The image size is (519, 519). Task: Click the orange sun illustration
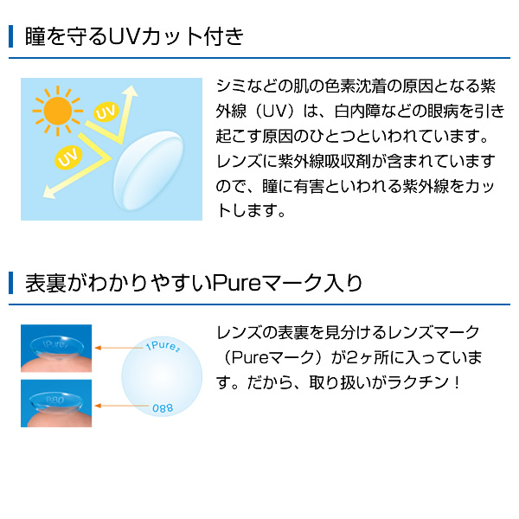click(58, 111)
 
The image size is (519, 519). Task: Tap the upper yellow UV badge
click(106, 112)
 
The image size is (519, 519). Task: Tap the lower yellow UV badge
click(68, 157)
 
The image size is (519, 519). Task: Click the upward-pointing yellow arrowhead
click(131, 92)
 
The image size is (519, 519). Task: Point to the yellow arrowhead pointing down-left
click(49, 192)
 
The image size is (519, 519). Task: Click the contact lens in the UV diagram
click(148, 170)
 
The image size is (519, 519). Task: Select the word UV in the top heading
click(123, 36)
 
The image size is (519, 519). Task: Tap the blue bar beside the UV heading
click(11, 36)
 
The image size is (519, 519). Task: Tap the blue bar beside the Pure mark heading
click(11, 283)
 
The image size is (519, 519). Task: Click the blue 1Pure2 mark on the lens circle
click(163, 346)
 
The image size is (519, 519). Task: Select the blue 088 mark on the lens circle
click(163, 407)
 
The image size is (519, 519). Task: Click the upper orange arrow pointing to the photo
click(119, 348)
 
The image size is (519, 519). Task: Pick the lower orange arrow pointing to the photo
click(121, 406)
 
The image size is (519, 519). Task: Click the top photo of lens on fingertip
click(56, 349)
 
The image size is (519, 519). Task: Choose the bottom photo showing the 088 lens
click(56, 403)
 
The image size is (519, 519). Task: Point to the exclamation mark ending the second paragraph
click(457, 382)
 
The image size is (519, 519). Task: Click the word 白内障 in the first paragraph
click(356, 112)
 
